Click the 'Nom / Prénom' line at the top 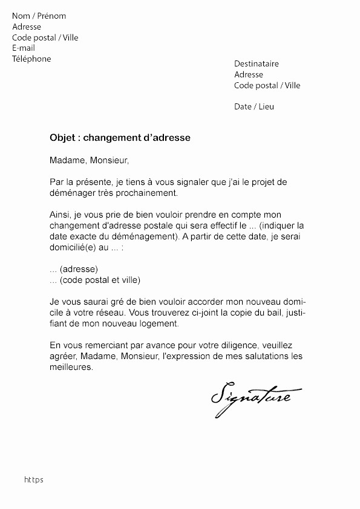39,16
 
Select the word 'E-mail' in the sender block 24,48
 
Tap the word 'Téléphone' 31,59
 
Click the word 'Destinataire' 257,64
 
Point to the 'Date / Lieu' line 254,107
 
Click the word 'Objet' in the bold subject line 63,138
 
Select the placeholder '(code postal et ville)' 100,280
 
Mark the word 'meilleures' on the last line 71,367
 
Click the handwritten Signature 250,397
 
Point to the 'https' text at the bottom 34,480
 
